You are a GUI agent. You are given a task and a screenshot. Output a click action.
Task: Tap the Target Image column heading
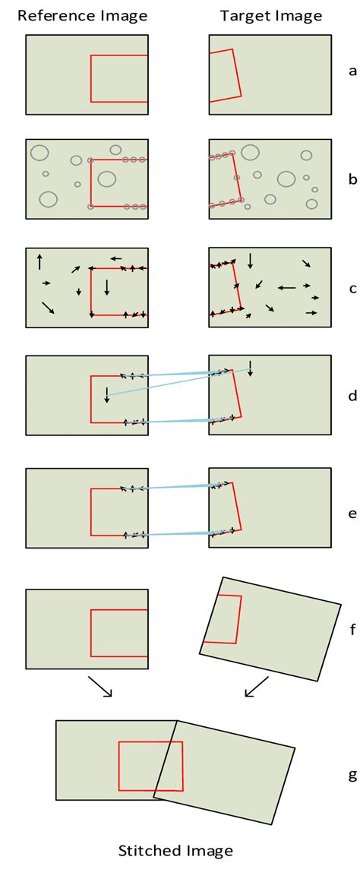[271, 16]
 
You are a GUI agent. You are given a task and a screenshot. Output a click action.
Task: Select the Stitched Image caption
[175, 851]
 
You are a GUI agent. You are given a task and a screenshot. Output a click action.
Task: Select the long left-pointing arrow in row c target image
[286, 287]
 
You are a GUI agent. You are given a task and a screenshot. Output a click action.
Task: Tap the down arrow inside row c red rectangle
[107, 287]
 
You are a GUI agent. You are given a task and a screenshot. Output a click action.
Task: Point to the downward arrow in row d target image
[250, 368]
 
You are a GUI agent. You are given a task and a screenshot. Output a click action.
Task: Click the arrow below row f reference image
[100, 687]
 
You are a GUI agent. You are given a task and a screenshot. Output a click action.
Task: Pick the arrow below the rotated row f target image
[257, 687]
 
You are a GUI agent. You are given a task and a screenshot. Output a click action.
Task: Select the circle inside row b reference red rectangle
[107, 179]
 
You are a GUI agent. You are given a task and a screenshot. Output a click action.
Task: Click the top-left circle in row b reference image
[39, 153]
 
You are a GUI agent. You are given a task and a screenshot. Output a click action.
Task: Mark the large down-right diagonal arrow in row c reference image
[48, 307]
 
